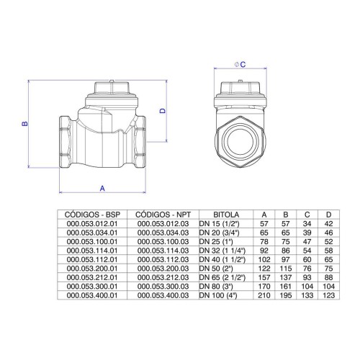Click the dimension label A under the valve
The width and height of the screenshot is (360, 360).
[x=102, y=189]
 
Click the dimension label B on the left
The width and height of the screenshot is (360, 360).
[x=24, y=124]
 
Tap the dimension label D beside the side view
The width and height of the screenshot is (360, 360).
[x=163, y=111]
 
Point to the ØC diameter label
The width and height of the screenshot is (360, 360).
[x=240, y=64]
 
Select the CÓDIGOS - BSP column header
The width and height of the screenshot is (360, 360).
[x=92, y=215]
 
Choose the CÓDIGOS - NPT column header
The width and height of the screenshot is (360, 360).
[x=163, y=215]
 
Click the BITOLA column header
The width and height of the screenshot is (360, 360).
[x=226, y=215]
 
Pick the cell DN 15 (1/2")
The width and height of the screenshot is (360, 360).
[x=220, y=224]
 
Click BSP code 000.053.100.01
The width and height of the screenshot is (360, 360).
[x=92, y=242]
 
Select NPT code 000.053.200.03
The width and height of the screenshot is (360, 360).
[x=163, y=269]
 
